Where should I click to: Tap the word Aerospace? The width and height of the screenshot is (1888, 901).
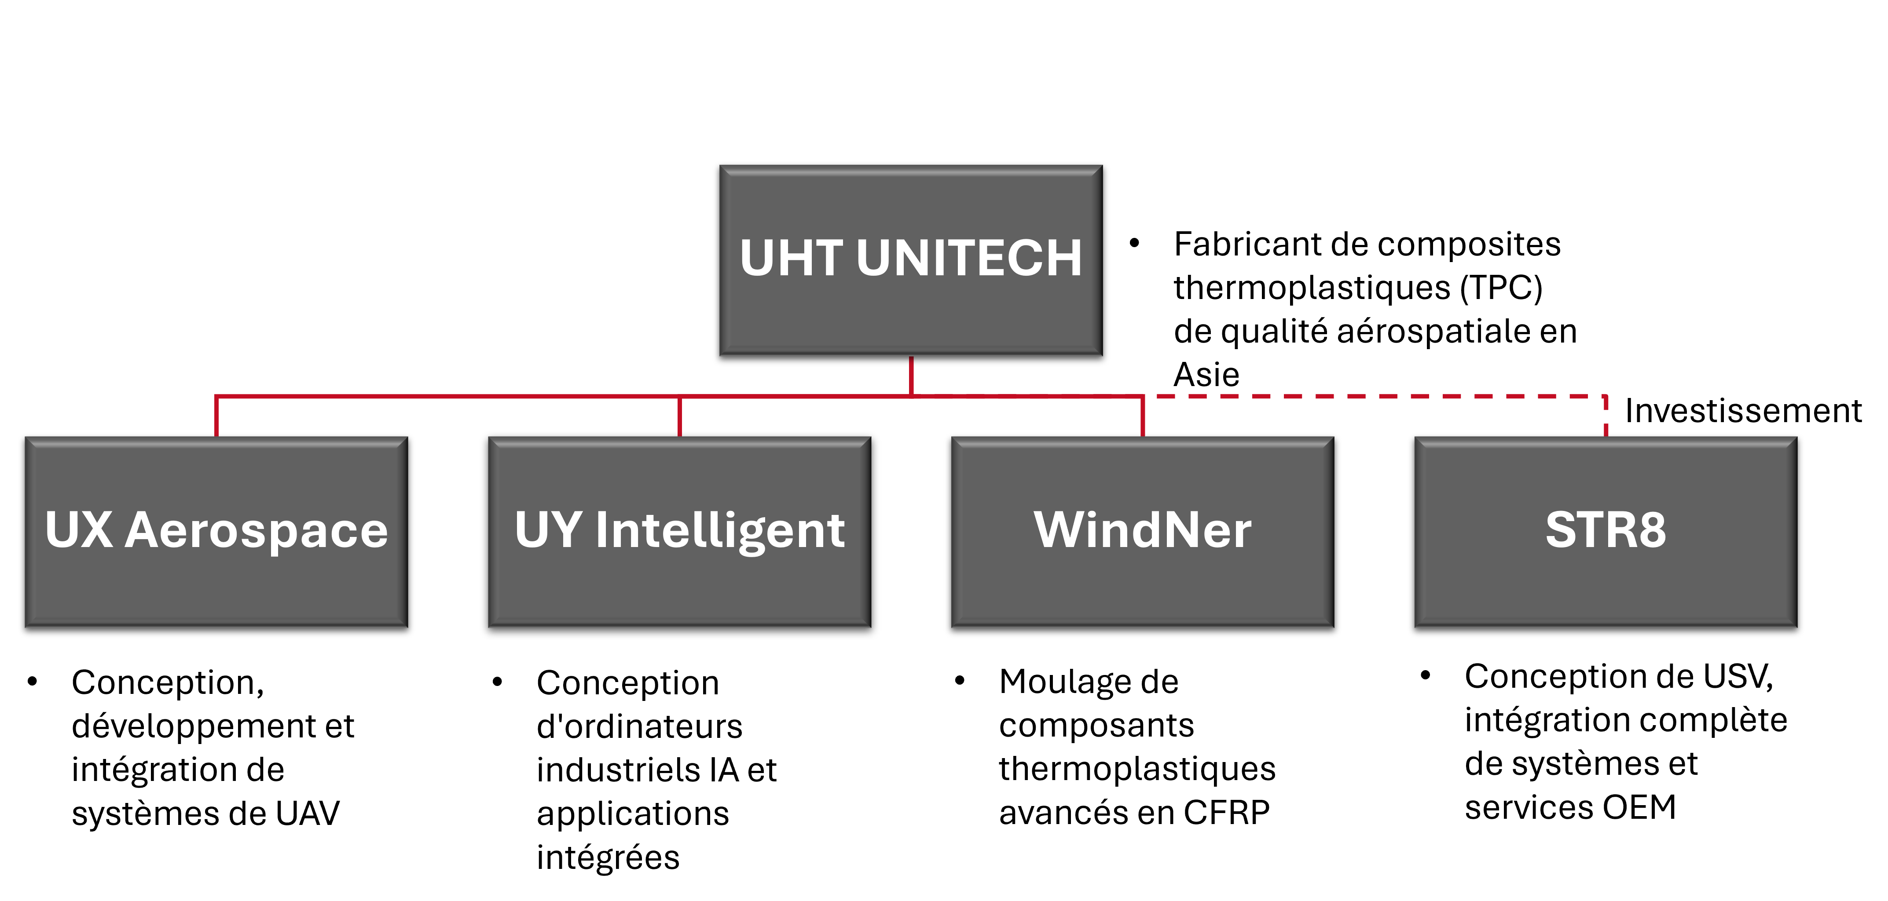[257, 530]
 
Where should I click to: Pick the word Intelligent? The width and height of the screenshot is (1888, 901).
[720, 530]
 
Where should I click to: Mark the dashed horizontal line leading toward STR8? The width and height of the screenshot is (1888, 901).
[1378, 396]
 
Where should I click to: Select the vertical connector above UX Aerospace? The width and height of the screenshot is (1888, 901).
[216, 418]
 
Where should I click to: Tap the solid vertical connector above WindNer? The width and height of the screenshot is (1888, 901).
[1143, 418]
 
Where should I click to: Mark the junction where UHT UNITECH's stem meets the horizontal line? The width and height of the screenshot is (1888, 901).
[911, 396]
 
